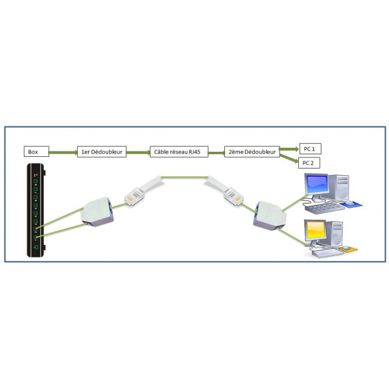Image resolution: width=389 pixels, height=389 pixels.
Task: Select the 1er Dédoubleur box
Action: [102, 152]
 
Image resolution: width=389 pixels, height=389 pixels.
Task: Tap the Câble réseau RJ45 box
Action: [179, 152]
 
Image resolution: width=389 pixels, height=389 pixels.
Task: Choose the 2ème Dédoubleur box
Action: [252, 152]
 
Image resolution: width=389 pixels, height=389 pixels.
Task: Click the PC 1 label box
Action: [310, 148]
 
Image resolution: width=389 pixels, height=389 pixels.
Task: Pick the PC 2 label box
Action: [309, 163]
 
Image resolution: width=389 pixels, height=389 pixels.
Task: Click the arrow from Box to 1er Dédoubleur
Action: [63, 152]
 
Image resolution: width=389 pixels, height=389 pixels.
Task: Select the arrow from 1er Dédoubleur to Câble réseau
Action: [138, 152]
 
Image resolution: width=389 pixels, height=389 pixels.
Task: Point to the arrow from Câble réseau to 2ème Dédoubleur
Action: [217, 153]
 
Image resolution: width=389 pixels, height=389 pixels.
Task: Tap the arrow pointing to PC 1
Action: [290, 149]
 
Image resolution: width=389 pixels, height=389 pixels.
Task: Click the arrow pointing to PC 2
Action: [289, 159]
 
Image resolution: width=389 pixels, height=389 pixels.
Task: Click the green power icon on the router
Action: [36, 247]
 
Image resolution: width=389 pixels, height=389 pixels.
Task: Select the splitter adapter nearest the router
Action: [97, 212]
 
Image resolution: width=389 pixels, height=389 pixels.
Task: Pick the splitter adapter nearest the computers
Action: [270, 216]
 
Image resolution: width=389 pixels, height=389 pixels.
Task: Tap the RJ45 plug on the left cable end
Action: [134, 196]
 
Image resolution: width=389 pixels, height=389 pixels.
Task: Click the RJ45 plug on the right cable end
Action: [233, 196]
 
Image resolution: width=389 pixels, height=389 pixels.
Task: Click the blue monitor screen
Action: [317, 185]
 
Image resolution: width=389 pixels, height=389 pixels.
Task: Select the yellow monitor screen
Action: [316, 230]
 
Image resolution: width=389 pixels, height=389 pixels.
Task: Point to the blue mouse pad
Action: [351, 204]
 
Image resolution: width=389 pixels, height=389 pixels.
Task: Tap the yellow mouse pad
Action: [348, 248]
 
